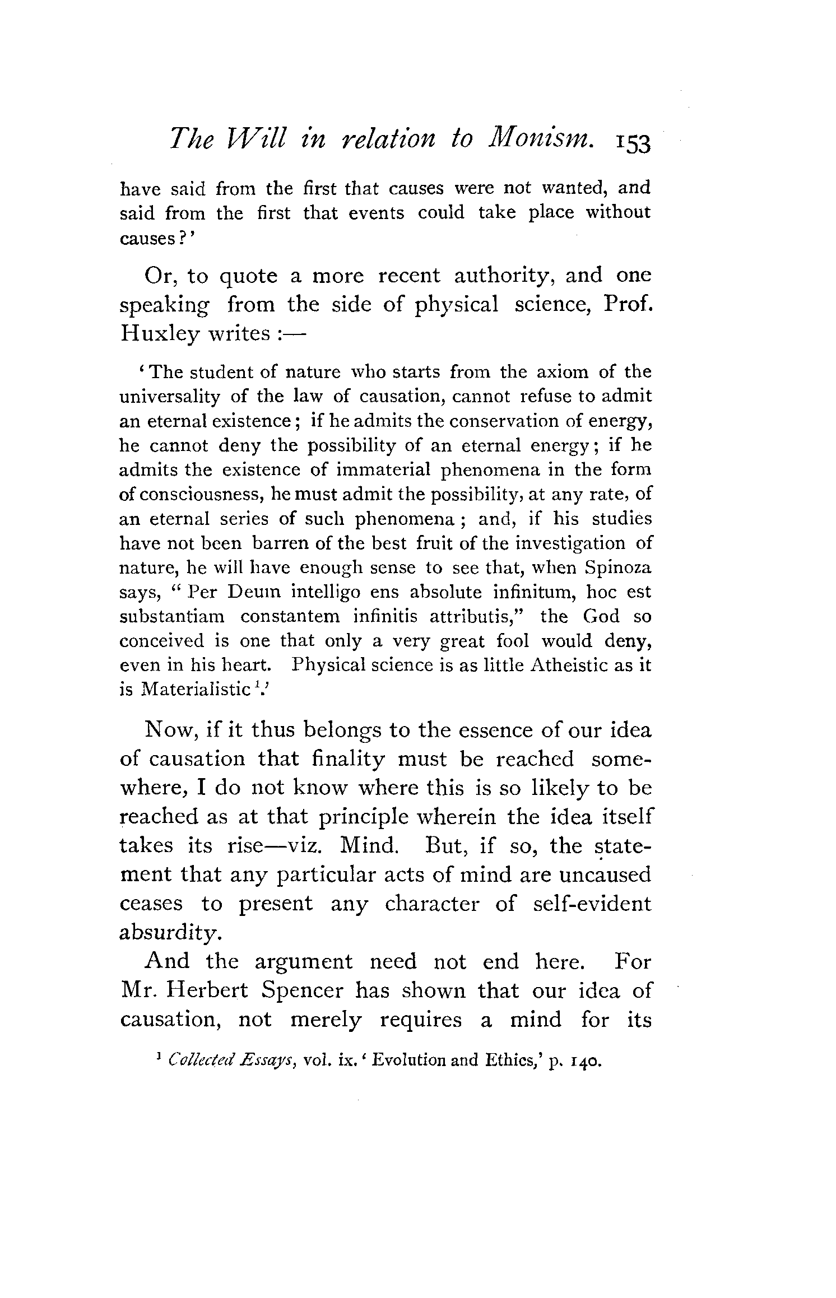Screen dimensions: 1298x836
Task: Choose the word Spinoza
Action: click(x=618, y=568)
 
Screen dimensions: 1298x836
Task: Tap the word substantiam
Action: click(x=172, y=617)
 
